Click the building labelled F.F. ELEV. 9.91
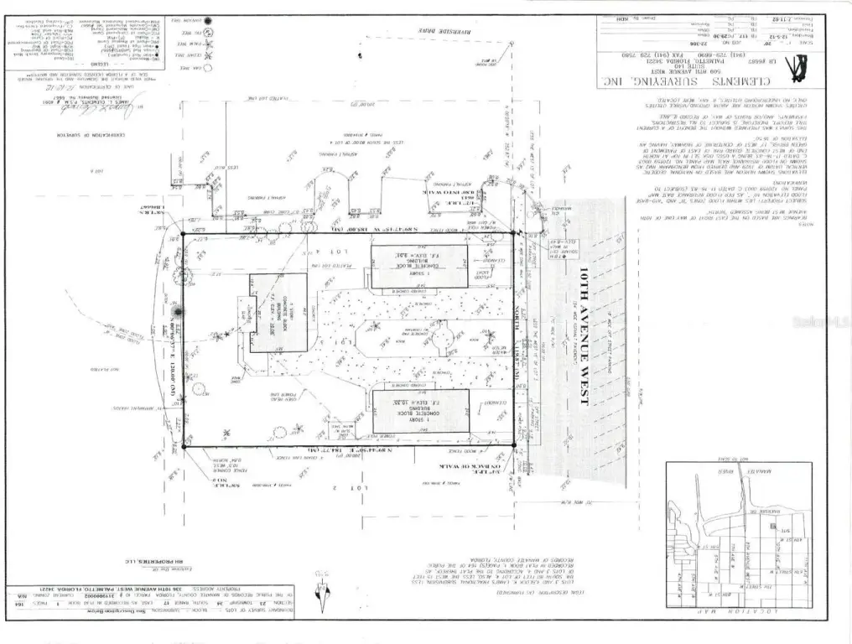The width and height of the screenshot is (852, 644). click(x=419, y=267)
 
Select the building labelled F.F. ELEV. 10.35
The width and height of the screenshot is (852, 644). click(x=419, y=410)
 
